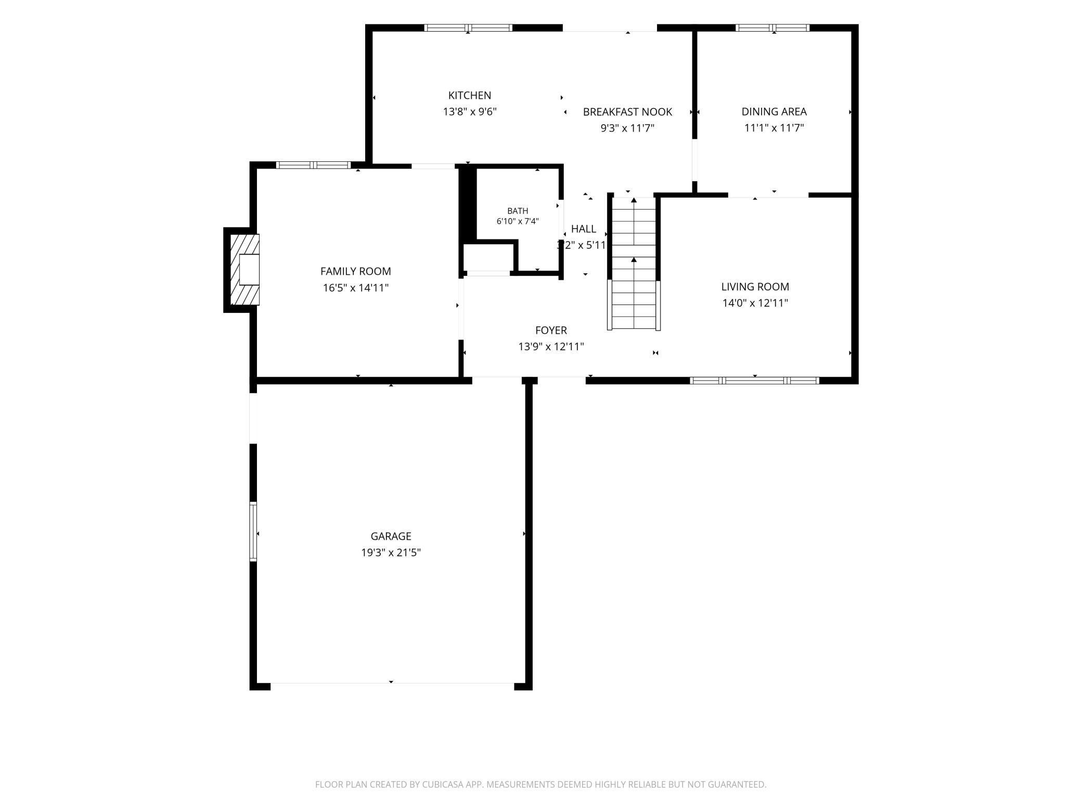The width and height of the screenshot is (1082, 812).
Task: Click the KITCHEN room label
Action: click(x=470, y=95)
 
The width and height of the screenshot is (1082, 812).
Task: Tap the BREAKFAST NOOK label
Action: click(x=627, y=112)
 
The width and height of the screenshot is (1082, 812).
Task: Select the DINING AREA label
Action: click(x=774, y=111)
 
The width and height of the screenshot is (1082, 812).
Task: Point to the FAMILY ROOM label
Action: click(x=356, y=271)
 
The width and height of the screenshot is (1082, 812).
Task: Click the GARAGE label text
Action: click(x=391, y=536)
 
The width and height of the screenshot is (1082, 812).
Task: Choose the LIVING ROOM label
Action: click(x=755, y=287)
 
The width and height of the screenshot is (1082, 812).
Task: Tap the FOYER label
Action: click(x=551, y=331)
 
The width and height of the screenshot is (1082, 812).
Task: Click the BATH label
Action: click(x=518, y=211)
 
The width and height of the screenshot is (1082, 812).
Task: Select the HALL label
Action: click(x=584, y=229)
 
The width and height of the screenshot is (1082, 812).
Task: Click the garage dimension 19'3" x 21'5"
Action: click(x=391, y=553)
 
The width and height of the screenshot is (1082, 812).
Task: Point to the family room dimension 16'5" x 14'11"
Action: click(x=356, y=288)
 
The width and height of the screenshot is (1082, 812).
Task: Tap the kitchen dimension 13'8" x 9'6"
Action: click(x=470, y=112)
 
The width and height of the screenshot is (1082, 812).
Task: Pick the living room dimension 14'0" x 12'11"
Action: click(x=755, y=303)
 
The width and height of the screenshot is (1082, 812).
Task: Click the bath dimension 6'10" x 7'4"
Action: click(x=518, y=221)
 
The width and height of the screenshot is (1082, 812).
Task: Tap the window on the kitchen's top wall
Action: click(x=468, y=28)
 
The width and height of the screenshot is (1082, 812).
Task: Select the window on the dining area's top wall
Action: click(x=772, y=28)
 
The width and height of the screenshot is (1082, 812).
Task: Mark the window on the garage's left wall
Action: click(x=253, y=531)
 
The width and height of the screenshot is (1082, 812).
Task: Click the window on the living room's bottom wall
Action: click(x=754, y=380)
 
